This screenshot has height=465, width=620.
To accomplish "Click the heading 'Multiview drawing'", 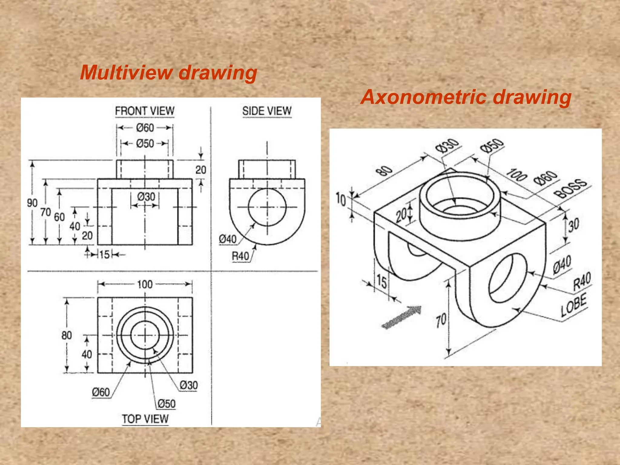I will [x=168, y=73].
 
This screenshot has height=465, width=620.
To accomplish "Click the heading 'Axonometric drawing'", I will [x=466, y=97].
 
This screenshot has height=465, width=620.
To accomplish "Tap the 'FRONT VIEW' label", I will [x=145, y=111].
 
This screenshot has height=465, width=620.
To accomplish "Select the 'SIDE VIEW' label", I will [x=267, y=111].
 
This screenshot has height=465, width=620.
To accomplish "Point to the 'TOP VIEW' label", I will [x=145, y=419].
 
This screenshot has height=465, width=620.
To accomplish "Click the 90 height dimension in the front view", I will [x=32, y=203].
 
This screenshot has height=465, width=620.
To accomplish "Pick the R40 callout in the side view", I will [x=240, y=256].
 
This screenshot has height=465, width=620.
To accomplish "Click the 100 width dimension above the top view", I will [x=145, y=284].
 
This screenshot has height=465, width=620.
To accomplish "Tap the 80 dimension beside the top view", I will [x=67, y=335].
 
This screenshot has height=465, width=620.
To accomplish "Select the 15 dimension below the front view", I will [x=104, y=255].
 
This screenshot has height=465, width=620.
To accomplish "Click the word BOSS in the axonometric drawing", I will [x=570, y=188].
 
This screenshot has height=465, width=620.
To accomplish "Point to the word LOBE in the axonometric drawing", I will [x=573, y=305].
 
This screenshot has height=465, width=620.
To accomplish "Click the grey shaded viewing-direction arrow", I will [x=401, y=317].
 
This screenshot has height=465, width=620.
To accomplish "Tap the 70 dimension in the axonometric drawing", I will [x=441, y=320].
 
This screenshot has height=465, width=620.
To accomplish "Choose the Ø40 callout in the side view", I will [x=227, y=239].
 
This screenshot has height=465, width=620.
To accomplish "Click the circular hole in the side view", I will [x=267, y=207].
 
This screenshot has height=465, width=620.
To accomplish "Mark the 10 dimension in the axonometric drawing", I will [x=341, y=200].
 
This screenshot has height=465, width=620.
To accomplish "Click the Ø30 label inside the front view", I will [x=146, y=197].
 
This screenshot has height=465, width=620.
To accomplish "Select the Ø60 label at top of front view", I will [x=145, y=128].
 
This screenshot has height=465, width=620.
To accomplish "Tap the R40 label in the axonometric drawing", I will [x=582, y=281].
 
